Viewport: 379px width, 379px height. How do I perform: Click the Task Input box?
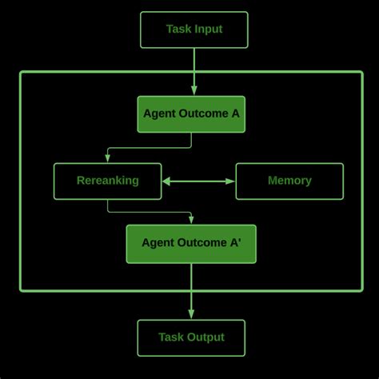pyautogui.click(x=194, y=30)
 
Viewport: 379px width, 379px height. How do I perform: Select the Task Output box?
pyautogui.click(x=191, y=337)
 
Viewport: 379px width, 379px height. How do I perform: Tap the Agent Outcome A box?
pyautogui.click(x=191, y=114)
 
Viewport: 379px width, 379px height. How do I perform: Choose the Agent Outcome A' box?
pyautogui.click(x=191, y=243)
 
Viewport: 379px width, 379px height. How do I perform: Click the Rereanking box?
pyautogui.click(x=107, y=181)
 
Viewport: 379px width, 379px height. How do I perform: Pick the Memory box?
pyautogui.click(x=289, y=181)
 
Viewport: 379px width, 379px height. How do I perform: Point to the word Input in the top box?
pyautogui.click(x=207, y=30)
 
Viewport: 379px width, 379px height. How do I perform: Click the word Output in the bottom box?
pyautogui.click(x=205, y=337)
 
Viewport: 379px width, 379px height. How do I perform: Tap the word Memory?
pyautogui.click(x=289, y=181)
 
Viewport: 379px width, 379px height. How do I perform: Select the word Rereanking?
pyautogui.click(x=107, y=181)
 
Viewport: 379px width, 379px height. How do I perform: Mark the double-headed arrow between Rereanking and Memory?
pyautogui.click(x=198, y=182)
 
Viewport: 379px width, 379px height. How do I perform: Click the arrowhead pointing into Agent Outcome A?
pyautogui.click(x=194, y=91)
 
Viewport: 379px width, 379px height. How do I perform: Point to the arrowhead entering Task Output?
pyautogui.click(x=191, y=315)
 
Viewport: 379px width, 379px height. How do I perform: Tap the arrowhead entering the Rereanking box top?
pyautogui.click(x=107, y=159)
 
